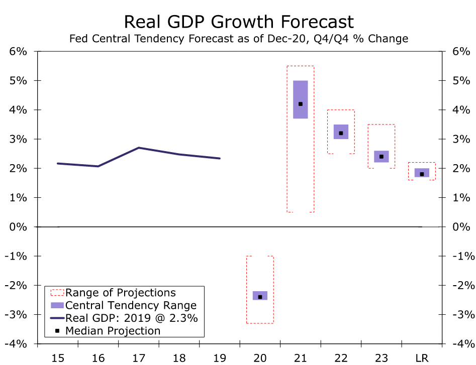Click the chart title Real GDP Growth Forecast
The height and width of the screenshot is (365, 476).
238,22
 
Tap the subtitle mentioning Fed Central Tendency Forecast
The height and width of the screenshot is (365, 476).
238,39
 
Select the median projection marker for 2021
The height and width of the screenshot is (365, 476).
301,104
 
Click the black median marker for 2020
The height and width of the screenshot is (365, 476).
260,297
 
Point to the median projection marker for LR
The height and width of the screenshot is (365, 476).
422,174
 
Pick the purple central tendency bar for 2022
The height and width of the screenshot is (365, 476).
341,132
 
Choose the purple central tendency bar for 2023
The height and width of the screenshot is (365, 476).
381,157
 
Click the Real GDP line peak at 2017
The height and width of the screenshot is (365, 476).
138,148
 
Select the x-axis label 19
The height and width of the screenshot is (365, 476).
220,357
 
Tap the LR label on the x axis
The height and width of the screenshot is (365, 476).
422,357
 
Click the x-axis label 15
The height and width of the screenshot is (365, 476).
58,357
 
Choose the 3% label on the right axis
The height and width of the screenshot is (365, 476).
462,139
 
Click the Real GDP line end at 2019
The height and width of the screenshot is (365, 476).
220,158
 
